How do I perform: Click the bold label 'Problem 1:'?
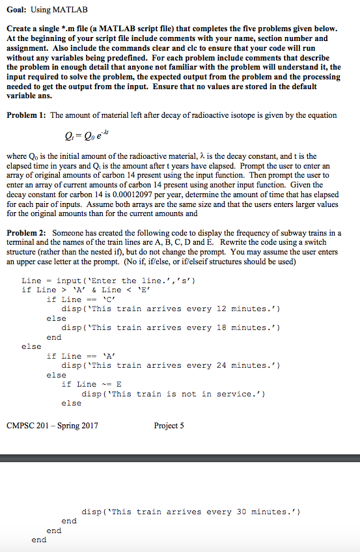click(x=25, y=115)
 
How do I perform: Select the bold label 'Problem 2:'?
click(x=26, y=233)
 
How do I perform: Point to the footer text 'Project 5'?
click(x=169, y=426)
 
